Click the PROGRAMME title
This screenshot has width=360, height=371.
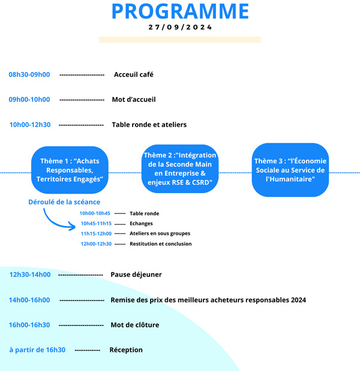tap(180, 11)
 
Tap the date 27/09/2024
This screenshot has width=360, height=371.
tap(180, 27)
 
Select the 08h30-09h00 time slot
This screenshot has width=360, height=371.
tap(29, 74)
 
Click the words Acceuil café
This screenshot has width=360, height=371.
tap(134, 74)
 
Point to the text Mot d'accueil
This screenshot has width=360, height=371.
tap(134, 99)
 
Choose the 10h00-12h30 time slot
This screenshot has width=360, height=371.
tap(30, 125)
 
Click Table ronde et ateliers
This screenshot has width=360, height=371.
tap(149, 125)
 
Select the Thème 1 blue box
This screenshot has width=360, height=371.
tap(70, 170)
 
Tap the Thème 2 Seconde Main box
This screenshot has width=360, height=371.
tap(180, 168)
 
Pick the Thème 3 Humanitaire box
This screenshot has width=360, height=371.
tap(290, 170)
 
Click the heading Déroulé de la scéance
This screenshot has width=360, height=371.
tap(64, 202)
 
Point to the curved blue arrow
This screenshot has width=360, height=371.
tap(54, 222)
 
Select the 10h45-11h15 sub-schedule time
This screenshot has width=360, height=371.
tap(96, 224)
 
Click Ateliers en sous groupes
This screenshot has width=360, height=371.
tap(160, 234)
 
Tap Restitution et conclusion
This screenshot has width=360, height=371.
tap(161, 244)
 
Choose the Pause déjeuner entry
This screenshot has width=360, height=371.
tap(136, 275)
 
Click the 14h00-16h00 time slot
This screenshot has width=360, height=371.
tap(29, 300)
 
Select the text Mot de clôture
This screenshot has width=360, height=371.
tap(135, 325)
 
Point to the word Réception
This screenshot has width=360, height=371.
tap(126, 350)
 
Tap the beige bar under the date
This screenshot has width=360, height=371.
tap(180, 40)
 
